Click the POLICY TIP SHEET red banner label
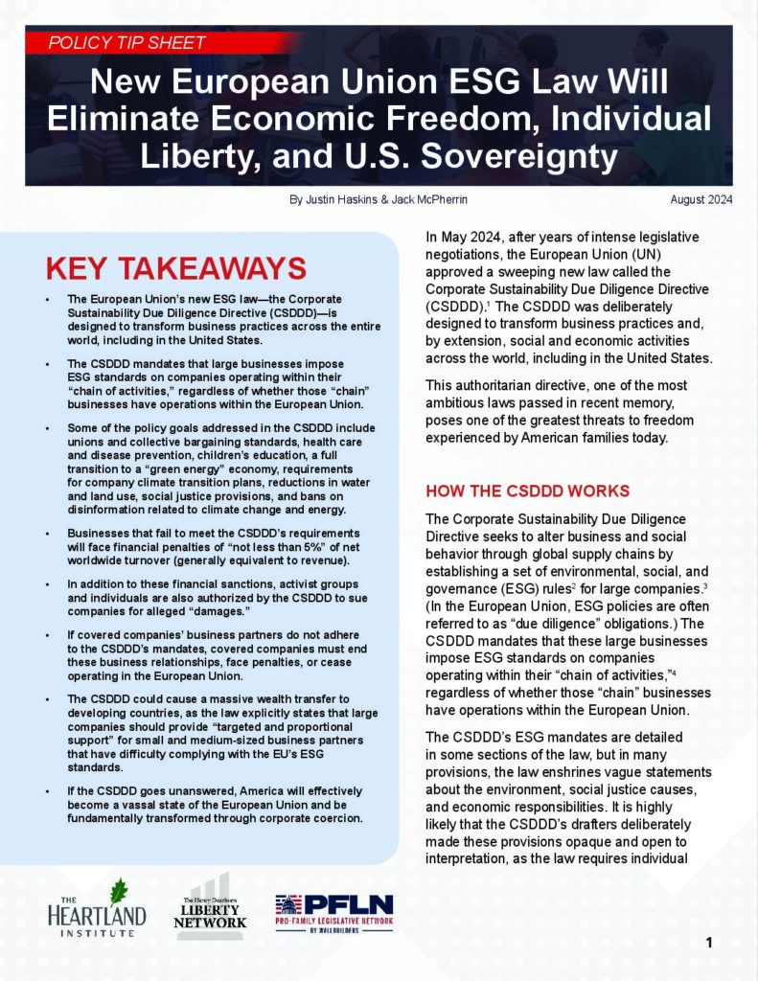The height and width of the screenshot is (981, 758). (127, 42)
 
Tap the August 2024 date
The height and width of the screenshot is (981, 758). (701, 200)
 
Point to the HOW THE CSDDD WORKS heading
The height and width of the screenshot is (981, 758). (527, 491)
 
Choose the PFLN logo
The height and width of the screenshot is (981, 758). (333, 909)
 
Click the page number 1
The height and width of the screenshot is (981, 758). (709, 943)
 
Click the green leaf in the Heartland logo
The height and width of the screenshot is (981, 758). (118, 891)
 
